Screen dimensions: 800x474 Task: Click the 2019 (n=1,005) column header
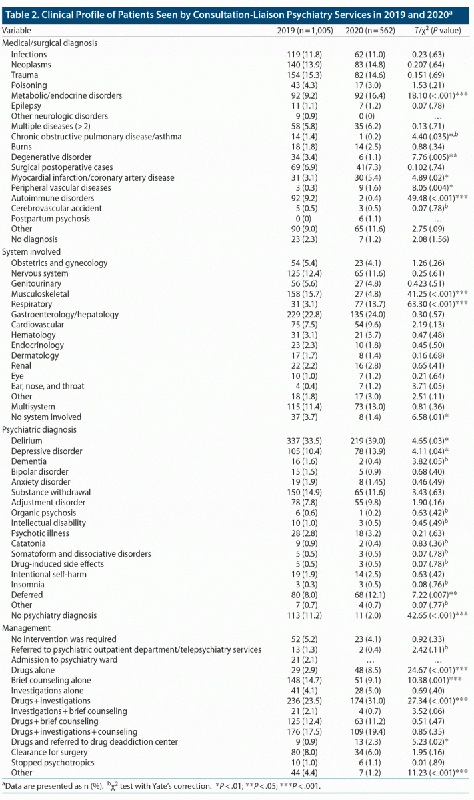[305, 31]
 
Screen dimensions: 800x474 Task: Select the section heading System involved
[31, 252]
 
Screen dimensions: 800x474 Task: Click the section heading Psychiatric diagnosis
[39, 430]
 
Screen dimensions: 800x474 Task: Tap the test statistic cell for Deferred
[429, 593]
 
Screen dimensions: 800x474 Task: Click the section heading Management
[27, 629]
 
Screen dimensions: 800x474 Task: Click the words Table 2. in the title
[21, 11]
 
